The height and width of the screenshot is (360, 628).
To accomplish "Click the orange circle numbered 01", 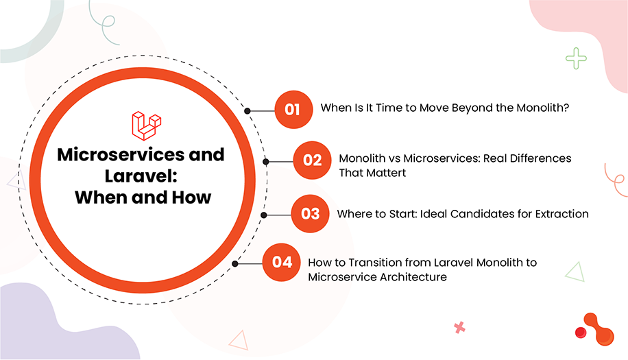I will point(293,109).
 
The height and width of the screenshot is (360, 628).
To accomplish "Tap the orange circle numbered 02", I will point(312,160).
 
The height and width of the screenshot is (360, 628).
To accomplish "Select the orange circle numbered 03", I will point(310,213).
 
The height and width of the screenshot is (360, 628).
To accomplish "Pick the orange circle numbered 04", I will point(282,262).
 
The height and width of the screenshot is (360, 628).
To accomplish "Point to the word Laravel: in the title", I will point(141,176).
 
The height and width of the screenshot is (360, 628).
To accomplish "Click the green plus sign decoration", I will point(577,58).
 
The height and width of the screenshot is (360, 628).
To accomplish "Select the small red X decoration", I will point(459,328).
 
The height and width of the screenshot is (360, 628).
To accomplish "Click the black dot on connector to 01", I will point(247,110).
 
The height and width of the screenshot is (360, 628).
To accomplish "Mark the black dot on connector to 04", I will point(235,263).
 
